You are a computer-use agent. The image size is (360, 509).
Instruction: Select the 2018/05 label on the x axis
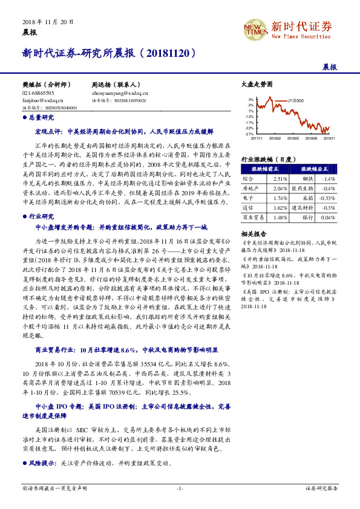click(295, 138)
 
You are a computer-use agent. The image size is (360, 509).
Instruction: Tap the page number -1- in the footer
click(180, 488)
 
